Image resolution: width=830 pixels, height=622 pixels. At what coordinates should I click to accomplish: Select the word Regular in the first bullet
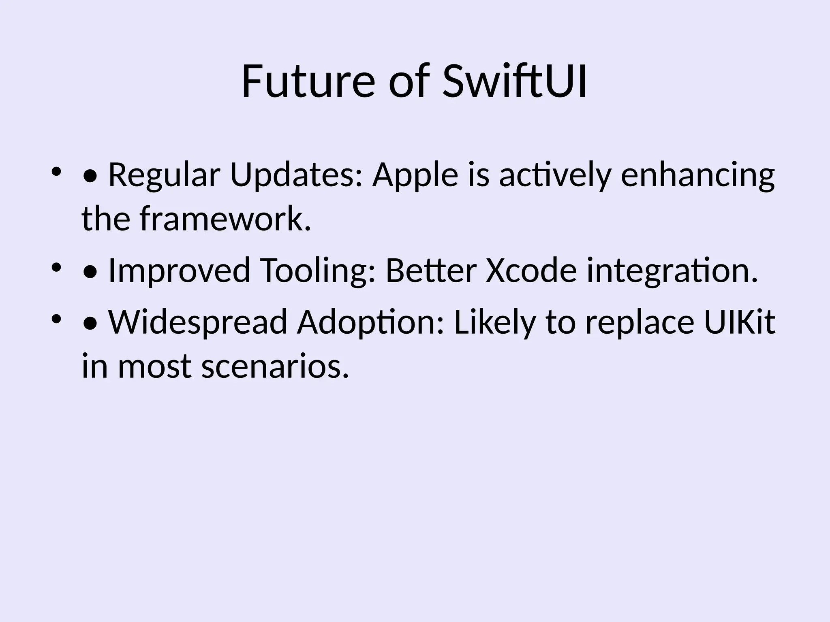(x=164, y=175)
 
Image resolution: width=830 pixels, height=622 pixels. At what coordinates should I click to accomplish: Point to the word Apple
(x=415, y=175)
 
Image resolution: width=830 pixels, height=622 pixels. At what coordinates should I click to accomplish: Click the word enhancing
(x=697, y=175)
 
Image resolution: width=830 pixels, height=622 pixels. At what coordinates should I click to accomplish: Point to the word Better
(x=430, y=271)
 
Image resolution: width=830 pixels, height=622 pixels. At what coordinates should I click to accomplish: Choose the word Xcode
(x=531, y=271)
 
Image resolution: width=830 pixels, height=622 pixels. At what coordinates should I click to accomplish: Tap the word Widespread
(x=198, y=322)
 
